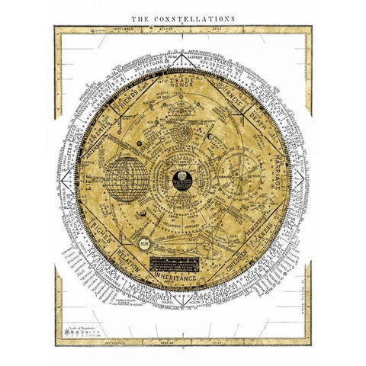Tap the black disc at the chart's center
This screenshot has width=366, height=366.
183,183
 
